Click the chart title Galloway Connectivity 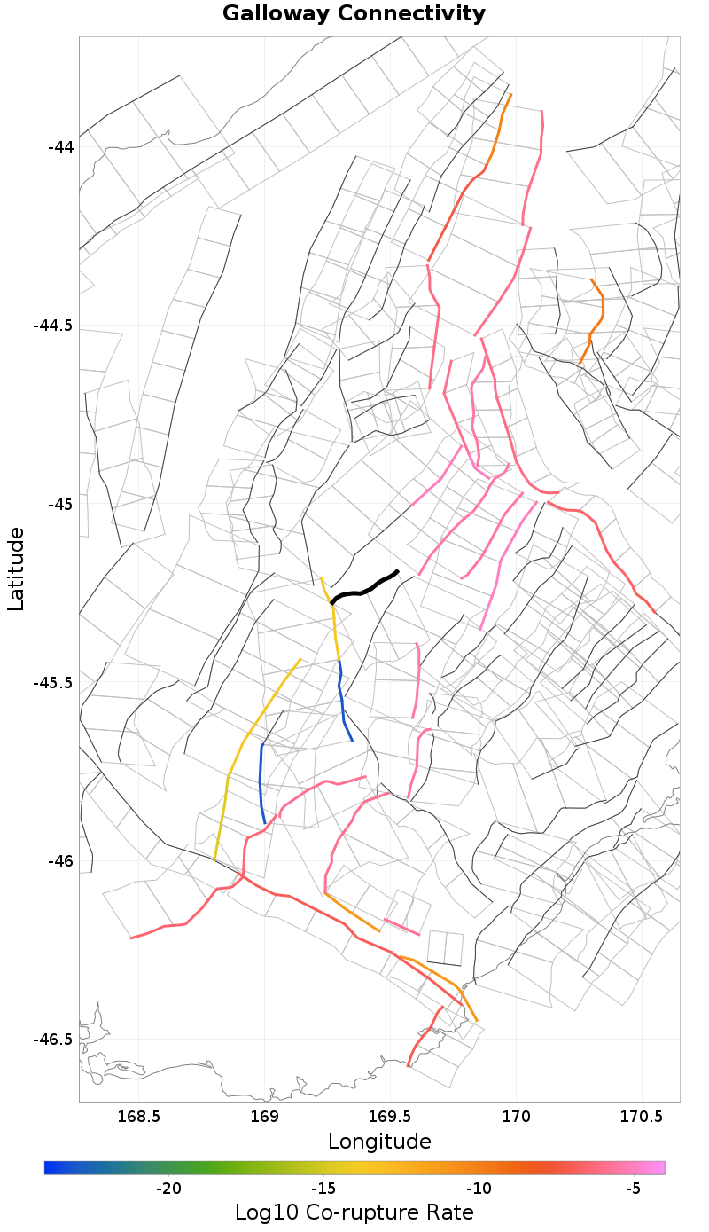click(x=354, y=14)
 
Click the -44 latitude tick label click(x=61, y=147)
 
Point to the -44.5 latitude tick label click(x=53, y=326)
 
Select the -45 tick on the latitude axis click(x=61, y=505)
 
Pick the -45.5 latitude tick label click(x=53, y=683)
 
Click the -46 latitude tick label click(x=61, y=861)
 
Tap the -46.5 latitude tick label click(x=53, y=1040)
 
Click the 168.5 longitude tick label click(x=139, y=1116)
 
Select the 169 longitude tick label click(x=265, y=1116)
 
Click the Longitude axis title click(x=379, y=1142)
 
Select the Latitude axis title click(x=16, y=569)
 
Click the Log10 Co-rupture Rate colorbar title click(x=354, y=1212)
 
